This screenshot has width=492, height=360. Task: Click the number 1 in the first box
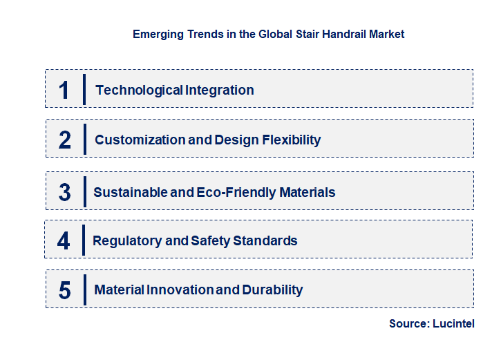[x=64, y=91]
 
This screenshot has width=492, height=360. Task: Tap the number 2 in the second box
[x=65, y=140]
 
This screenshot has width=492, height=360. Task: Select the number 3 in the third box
[x=64, y=192]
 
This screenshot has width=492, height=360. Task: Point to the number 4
[x=64, y=241]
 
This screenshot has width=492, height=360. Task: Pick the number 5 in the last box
[x=64, y=290]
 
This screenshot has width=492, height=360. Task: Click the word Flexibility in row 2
[x=292, y=140]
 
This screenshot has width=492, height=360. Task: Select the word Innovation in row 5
[x=180, y=290]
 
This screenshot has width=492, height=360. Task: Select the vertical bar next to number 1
[x=84, y=89]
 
